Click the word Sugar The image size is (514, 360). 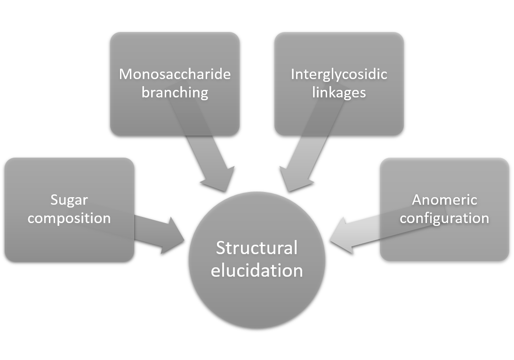pos(69,200)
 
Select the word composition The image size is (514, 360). pos(69,218)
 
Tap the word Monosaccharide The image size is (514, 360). pos(175,74)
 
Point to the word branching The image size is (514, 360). pos(175,92)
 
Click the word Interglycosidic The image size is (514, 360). pos(339,74)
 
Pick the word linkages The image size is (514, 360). pos(339,92)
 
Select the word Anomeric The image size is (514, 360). pos(444,200)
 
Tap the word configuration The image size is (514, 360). pos(444,218)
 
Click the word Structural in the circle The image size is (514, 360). pos(257,248)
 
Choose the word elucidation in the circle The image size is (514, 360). pos(257,271)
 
